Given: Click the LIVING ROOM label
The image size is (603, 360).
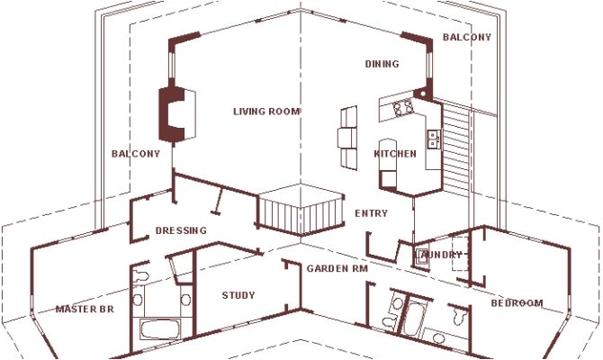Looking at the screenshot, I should tap(266, 112).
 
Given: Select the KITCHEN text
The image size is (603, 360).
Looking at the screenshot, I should tap(395, 154).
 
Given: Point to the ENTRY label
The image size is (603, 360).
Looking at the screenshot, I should tap(371, 213).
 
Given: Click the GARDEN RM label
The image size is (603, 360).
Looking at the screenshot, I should tap(337, 268).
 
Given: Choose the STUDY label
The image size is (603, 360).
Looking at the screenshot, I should tap(238, 295).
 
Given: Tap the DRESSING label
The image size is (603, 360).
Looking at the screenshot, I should tap(181, 230).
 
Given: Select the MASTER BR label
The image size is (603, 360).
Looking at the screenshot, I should tap(85, 310).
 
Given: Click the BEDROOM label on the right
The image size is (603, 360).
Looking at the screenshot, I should tap(517, 303).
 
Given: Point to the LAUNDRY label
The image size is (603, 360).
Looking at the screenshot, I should tap(441, 255).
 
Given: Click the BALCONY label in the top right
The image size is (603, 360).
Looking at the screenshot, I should tap(467, 37).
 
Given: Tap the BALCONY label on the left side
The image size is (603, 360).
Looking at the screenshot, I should tap(135, 154).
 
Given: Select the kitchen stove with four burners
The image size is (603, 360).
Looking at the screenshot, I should tap(402, 107).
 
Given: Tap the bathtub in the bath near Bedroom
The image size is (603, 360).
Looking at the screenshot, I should tap(413, 319).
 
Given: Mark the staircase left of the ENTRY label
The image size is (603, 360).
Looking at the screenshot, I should tap(300, 212).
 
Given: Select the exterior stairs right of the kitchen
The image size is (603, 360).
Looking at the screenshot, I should tap(459, 148).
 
